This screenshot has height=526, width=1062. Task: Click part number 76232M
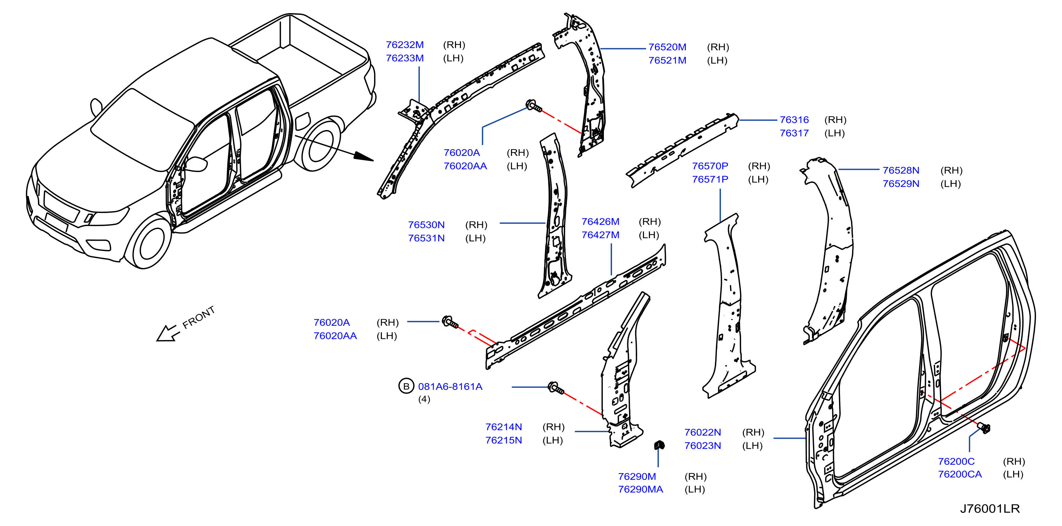point(405,45)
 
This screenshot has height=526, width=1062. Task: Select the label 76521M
point(667,61)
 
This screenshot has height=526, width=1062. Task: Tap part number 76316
point(794,120)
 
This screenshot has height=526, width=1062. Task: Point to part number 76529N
point(901,184)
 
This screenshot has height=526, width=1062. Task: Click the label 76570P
point(710,166)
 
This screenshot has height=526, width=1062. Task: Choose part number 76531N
point(426,238)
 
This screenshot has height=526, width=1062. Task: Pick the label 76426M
point(600,222)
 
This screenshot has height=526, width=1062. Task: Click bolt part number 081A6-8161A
point(450,387)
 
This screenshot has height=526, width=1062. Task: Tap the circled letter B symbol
point(406,386)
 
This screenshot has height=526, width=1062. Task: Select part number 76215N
point(504,440)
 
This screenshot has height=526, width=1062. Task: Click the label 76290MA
point(640,489)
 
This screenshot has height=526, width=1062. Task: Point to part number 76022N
point(702,432)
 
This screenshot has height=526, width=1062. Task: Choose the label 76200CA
point(960,475)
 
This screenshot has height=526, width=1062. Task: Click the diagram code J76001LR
point(990,509)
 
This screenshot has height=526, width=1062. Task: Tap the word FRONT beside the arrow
point(199,318)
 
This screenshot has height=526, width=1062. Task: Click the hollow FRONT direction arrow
point(167,333)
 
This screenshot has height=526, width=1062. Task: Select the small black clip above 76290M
point(659,445)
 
